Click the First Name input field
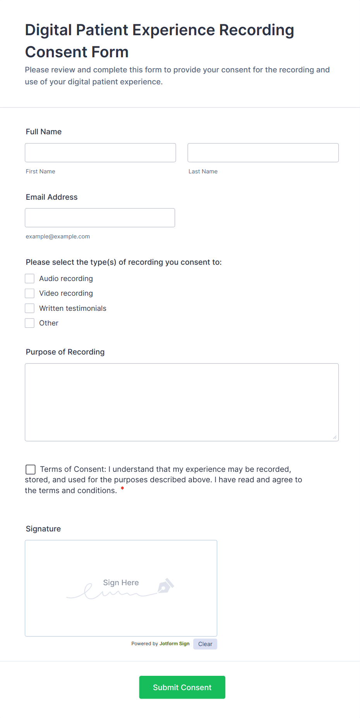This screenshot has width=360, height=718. [100, 153]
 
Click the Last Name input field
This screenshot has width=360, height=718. [263, 153]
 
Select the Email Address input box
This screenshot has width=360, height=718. [100, 218]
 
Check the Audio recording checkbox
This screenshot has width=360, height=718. [30, 279]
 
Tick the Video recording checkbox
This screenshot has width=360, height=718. [30, 293]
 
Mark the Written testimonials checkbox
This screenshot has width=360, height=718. [30, 308]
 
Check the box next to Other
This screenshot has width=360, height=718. [30, 323]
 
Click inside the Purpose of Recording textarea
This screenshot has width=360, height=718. [182, 402]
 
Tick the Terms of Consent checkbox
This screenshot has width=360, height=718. [31, 470]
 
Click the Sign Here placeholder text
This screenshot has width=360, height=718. [121, 583]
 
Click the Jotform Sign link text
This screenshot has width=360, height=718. [174, 644]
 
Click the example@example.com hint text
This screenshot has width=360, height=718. [58, 236]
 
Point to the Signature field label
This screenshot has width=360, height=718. [43, 529]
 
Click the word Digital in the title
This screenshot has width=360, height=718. [49, 30]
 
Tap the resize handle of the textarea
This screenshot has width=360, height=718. [335, 437]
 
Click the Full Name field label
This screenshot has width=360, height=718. [44, 132]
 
